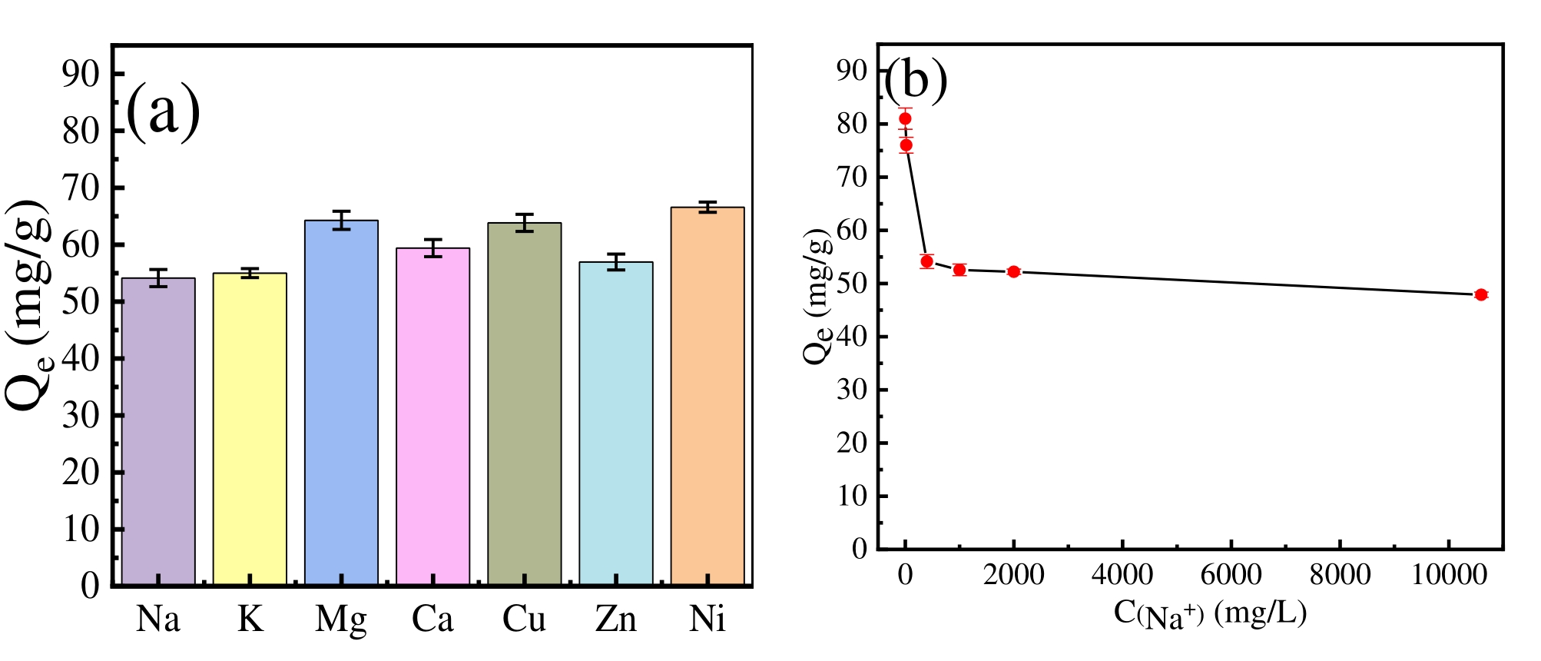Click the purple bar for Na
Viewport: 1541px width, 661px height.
point(158,430)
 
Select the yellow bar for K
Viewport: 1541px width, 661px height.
point(250,428)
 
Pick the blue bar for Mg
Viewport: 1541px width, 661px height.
point(341,402)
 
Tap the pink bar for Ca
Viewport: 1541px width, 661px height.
point(432,416)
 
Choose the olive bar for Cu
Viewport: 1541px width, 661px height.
point(524,404)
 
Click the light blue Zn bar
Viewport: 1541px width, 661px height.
point(615,423)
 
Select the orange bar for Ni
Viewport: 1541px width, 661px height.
point(707,396)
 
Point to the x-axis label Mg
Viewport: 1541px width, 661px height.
point(341,619)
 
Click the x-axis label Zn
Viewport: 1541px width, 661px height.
point(615,619)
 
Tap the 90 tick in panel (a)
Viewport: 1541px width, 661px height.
point(81,74)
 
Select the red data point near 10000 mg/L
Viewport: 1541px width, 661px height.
point(1481,294)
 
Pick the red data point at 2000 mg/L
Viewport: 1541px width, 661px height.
point(1013,271)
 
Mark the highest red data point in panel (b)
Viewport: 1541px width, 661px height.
point(905,118)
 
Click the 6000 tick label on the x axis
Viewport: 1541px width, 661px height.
point(1231,575)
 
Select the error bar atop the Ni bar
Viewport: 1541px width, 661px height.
point(707,207)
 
